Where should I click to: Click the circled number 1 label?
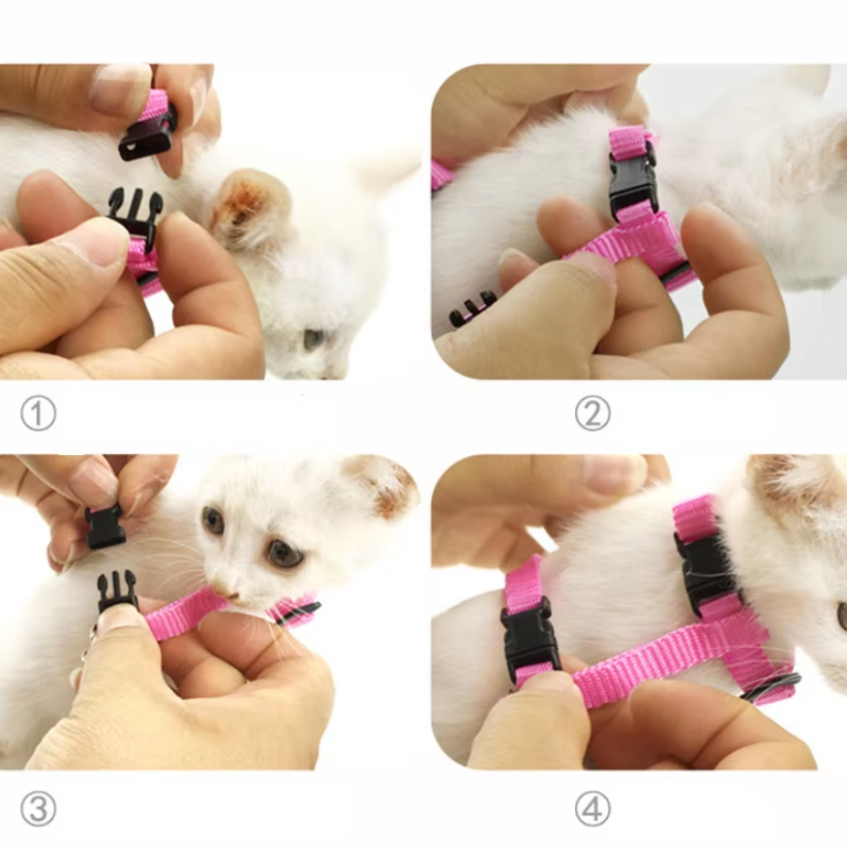coord(38,413)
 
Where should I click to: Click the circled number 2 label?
coord(592,413)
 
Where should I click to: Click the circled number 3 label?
coord(38,809)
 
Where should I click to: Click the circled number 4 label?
coord(592,809)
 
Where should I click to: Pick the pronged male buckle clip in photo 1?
coord(135,217)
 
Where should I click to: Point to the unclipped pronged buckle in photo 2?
coord(472,310)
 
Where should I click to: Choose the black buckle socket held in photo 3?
coord(105,527)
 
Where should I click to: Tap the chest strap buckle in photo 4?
coord(527,639)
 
